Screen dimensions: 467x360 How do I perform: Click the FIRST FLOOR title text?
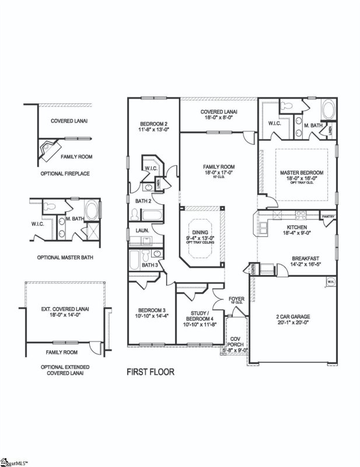click(x=151, y=371)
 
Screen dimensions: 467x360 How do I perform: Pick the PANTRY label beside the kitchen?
click(x=328, y=217)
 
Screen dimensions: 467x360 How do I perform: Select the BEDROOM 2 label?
click(x=153, y=123)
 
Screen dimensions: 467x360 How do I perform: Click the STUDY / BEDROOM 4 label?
click(x=200, y=316)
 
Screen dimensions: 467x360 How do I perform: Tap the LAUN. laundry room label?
click(x=142, y=231)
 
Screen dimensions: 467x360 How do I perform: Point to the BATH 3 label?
click(x=149, y=265)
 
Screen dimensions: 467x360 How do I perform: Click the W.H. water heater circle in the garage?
click(x=330, y=283)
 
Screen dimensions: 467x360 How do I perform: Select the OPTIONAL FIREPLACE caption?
click(x=65, y=173)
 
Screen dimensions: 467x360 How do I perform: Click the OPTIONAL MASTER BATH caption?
click(x=65, y=257)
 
